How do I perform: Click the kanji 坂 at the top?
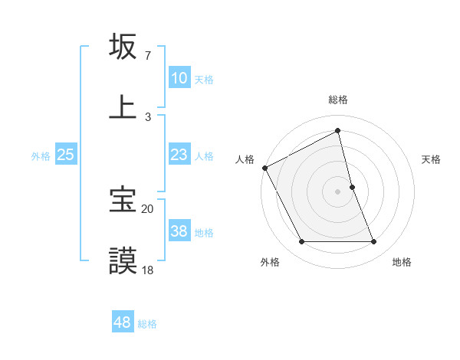pos(123,47)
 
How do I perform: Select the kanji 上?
pos(123,107)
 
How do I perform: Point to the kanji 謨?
pos(123,260)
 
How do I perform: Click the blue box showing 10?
pos(179,78)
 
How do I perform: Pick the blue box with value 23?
pos(179,155)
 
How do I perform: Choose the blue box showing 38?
pos(179,231)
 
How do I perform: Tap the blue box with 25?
pos(66,155)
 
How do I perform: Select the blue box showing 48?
pos(123,322)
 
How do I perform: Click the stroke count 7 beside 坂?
pos(147,56)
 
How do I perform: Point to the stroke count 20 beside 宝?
pos(147,208)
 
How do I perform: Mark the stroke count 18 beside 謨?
pos(147,270)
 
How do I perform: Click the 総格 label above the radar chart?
pos(338,100)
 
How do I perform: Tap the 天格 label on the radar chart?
pos(431,159)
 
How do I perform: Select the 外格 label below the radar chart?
pos(270,262)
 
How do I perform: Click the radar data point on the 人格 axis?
pos(264,168)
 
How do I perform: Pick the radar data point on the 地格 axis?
pos(373,242)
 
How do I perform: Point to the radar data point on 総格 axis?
pos(338,130)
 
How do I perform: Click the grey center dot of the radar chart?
pos(338,191)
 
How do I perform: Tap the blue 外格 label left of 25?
pos(41,155)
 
